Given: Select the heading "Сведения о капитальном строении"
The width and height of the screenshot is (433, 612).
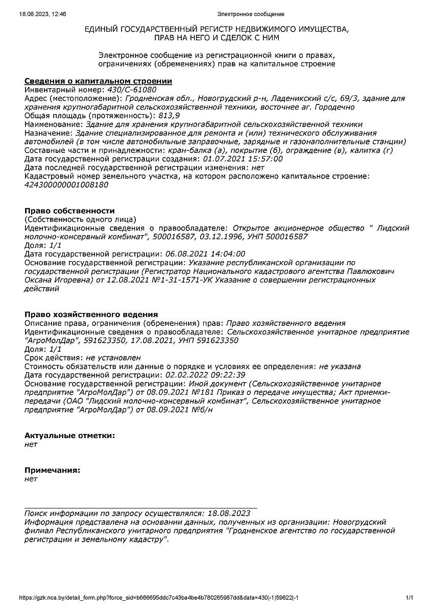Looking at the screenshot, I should click(99, 81).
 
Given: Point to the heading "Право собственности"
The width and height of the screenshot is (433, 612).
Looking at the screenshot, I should click(70, 211).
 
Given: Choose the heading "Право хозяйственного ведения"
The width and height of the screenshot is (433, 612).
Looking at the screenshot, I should click(91, 314).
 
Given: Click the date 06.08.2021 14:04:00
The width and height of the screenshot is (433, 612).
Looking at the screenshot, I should click(205, 254).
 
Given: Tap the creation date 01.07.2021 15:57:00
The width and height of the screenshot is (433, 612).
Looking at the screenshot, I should click(243, 159).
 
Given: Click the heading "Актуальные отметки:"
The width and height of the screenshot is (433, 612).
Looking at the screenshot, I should click(70, 436).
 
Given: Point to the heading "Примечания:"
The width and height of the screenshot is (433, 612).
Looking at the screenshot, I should click(53, 470).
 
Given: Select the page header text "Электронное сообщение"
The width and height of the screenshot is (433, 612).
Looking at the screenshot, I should click(251, 14).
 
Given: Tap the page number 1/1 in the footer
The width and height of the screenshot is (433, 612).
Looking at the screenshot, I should click(409, 597).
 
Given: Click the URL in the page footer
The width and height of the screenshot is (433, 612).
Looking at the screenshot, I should click(159, 597).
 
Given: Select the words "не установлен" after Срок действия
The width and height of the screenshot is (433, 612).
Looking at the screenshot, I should click(113, 358).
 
